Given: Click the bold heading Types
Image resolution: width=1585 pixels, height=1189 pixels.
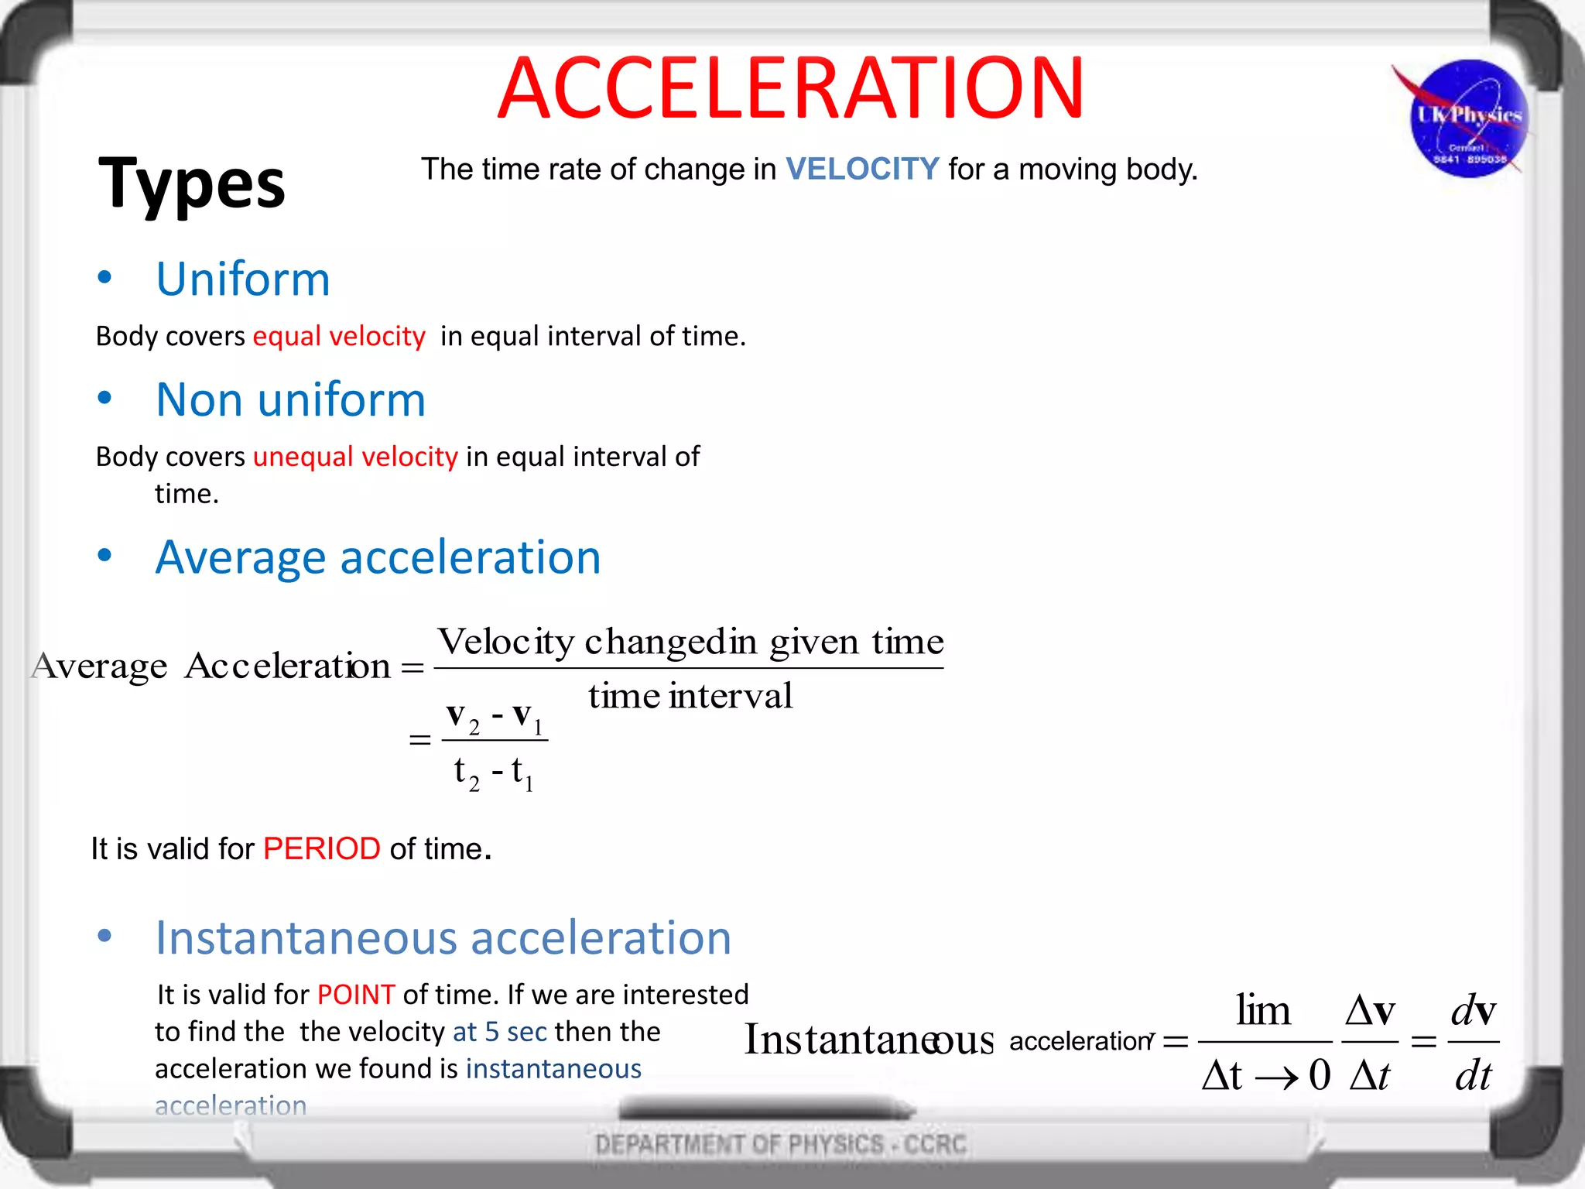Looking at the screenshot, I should coord(192,183).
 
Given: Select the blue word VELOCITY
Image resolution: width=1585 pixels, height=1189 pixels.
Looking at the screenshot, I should coord(862,170).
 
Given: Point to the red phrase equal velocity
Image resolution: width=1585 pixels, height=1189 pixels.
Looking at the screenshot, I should coord(339,336).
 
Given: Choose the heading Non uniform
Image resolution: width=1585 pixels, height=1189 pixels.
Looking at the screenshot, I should coord(291,399).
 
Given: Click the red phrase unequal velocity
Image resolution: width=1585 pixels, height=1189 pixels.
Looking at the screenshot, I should coord(355,457).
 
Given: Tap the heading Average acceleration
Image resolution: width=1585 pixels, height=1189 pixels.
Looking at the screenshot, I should coord(378,557).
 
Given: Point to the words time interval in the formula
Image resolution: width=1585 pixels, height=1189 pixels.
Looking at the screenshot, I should coord(690,695).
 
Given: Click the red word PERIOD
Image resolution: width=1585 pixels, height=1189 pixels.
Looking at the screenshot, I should coord(321,849).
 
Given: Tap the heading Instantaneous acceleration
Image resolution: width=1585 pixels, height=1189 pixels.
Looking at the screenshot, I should coord(443,937).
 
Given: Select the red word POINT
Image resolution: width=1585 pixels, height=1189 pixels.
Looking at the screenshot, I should coord(356,995).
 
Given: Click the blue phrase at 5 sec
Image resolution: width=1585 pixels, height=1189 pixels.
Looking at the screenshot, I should coord(500,1032).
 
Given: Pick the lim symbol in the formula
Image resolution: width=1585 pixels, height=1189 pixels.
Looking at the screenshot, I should coord(1263,1011).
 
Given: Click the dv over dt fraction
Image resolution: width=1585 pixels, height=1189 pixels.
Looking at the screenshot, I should coord(1473,1042).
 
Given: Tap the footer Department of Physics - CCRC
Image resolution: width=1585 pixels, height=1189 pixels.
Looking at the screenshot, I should coord(781,1144).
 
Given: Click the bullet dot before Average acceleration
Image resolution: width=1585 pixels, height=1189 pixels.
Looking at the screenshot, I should coord(104,555).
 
